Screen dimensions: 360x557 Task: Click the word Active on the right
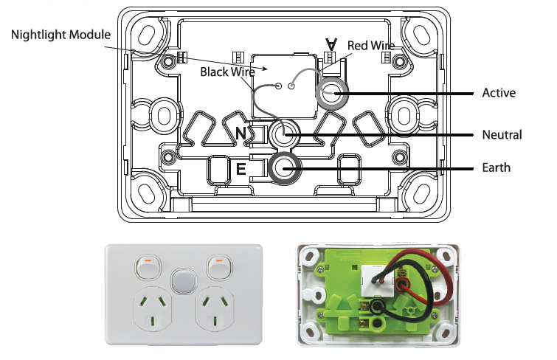pos(499,93)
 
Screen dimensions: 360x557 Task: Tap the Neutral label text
pos(502,135)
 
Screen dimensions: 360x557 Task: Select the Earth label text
pos(496,168)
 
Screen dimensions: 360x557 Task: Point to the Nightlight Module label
pos(60,35)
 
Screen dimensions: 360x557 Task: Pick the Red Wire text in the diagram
pos(370,46)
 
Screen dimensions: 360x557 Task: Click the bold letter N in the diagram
pos(241,133)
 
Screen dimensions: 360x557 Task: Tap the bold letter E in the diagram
pos(241,170)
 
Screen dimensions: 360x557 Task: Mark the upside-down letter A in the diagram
pos(332,45)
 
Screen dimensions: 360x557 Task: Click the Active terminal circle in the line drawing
pos(331,93)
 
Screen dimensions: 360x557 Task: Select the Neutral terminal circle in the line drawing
pos(284,135)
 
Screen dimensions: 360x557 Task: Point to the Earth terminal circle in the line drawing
pos(284,168)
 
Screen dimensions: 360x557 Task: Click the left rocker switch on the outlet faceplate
pos(148,267)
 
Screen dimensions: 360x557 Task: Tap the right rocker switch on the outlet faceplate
pos(219,267)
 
